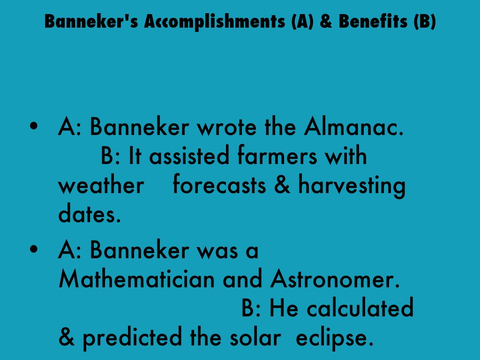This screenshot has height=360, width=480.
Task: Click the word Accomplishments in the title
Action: point(215,22)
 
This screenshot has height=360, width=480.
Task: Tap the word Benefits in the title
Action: point(373,21)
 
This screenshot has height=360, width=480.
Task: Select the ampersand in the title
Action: point(326,22)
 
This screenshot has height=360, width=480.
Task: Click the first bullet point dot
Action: point(34,126)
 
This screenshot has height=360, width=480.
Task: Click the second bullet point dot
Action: point(34,249)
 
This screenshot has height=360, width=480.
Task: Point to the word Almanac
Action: point(353,126)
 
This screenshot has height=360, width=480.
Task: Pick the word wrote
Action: point(226,127)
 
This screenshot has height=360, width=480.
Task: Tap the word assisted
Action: point(189,156)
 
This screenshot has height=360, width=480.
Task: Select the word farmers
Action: point(277,155)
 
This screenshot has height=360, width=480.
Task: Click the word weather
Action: point(101,185)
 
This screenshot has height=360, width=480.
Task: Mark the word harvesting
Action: point(352,186)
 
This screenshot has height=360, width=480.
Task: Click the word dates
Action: point(90,213)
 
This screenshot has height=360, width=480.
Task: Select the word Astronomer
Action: point(335,279)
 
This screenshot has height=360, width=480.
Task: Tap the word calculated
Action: point(360,307)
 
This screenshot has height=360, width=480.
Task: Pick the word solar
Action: point(255,337)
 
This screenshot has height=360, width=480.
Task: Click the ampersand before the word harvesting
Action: point(282,185)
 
